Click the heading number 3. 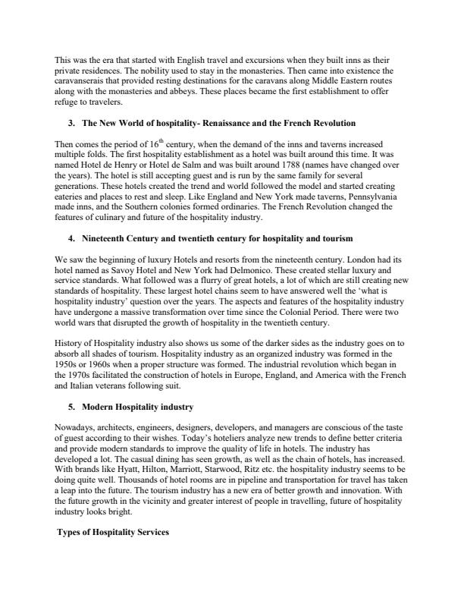click(71, 122)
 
